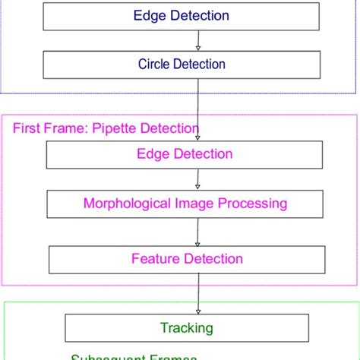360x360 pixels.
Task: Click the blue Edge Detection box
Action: pyautogui.click(x=181, y=16)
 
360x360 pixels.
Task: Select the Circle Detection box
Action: pyautogui.click(x=181, y=65)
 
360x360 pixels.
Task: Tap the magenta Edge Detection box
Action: pyautogui.click(x=184, y=154)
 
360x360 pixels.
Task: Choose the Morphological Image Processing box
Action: pyautogui.click(x=185, y=204)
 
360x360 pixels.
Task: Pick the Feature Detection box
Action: pyautogui.click(x=187, y=259)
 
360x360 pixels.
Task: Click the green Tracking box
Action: pyautogui.click(x=186, y=328)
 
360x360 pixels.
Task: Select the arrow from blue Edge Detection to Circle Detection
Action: pyautogui.click(x=197, y=40)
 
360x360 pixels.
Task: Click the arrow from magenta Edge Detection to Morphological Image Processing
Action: pyautogui.click(x=197, y=178)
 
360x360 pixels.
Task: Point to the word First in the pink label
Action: pyautogui.click(x=26, y=128)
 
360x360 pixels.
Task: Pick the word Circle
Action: pyautogui.click(x=154, y=65)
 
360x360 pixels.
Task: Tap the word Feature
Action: pyautogui.click(x=154, y=259)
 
